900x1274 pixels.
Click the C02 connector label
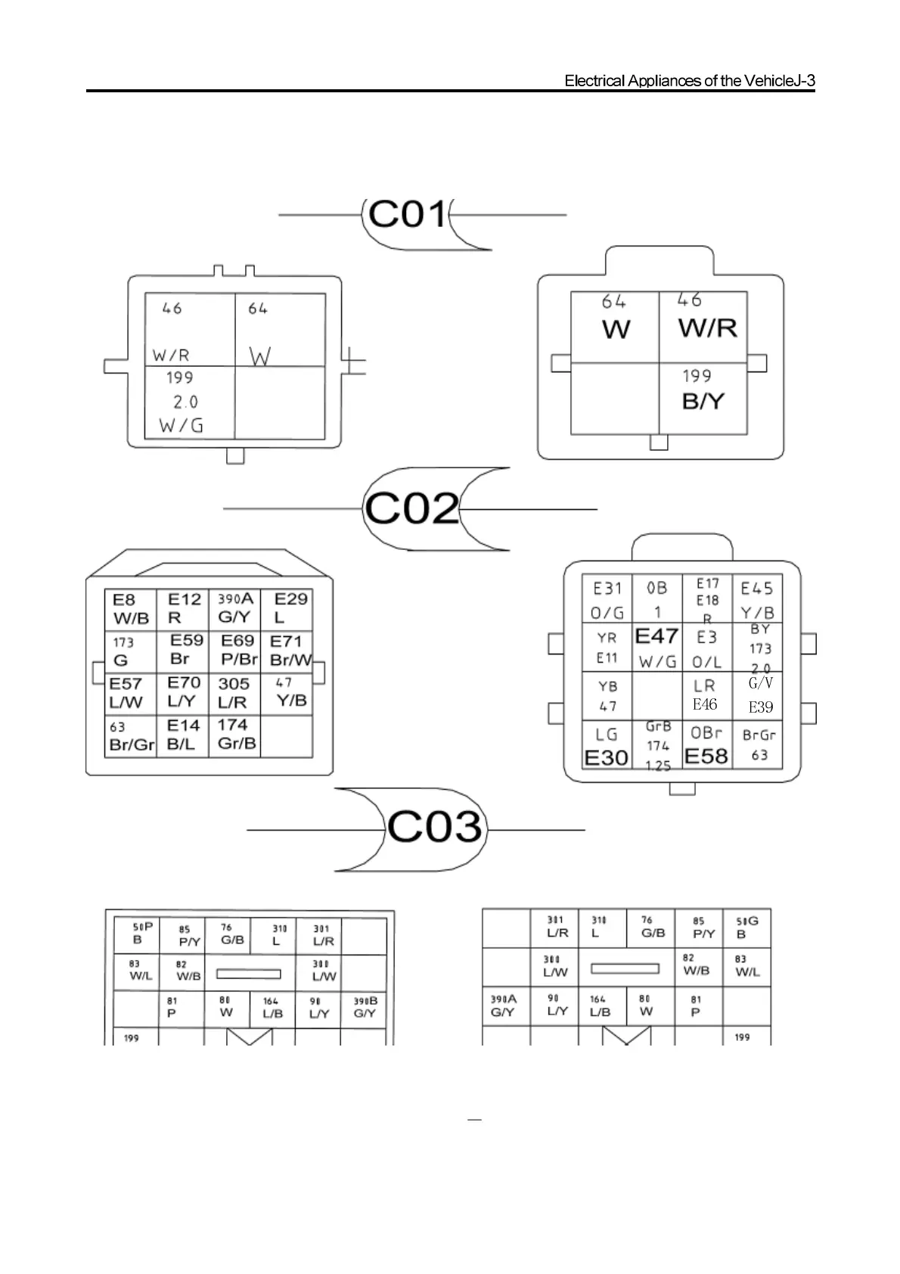click(x=412, y=508)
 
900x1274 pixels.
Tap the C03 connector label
click(x=435, y=827)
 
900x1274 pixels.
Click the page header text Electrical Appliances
click(x=689, y=81)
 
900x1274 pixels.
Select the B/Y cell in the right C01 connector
click(x=703, y=399)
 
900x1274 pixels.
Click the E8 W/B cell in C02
click(x=130, y=610)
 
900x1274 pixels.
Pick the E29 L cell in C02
click(x=287, y=608)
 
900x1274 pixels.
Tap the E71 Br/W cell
click(x=288, y=651)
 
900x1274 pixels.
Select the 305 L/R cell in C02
click(x=234, y=693)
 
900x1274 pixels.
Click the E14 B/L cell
click(x=182, y=735)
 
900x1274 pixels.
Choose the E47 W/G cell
click(x=656, y=648)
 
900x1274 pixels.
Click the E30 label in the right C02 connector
click(x=607, y=757)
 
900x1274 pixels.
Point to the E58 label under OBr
click(x=706, y=756)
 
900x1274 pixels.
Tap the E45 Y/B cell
click(x=756, y=599)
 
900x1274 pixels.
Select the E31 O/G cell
click(x=607, y=599)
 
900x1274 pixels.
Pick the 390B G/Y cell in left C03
click(x=365, y=1007)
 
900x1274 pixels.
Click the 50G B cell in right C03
click(x=746, y=928)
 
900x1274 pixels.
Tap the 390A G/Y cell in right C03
click(x=504, y=1005)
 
